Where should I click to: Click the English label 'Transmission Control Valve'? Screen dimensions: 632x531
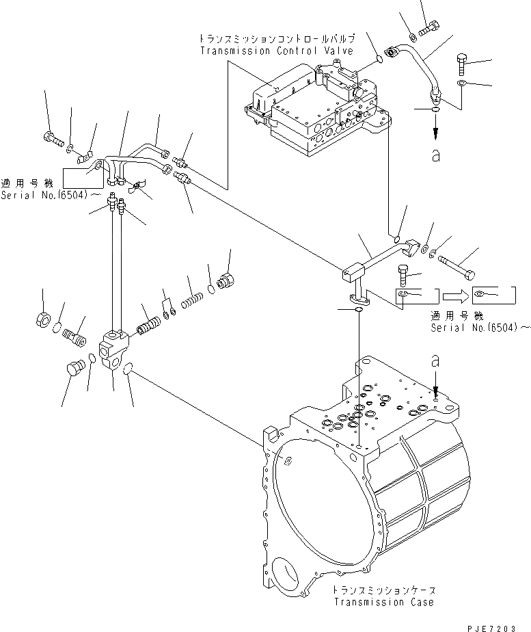276,51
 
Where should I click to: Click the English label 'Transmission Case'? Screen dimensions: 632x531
383,602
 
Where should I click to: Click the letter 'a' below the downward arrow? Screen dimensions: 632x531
436,156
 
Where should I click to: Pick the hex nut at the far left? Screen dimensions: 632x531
43,319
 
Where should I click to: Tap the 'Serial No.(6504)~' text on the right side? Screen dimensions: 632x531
480,328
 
